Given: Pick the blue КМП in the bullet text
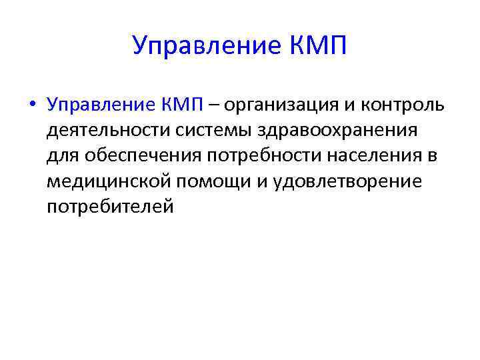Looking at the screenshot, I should pos(181,104).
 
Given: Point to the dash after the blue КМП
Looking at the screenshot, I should pos(215,105).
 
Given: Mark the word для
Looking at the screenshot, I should pos(61,156).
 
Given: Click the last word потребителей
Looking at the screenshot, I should pos(110,207).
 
